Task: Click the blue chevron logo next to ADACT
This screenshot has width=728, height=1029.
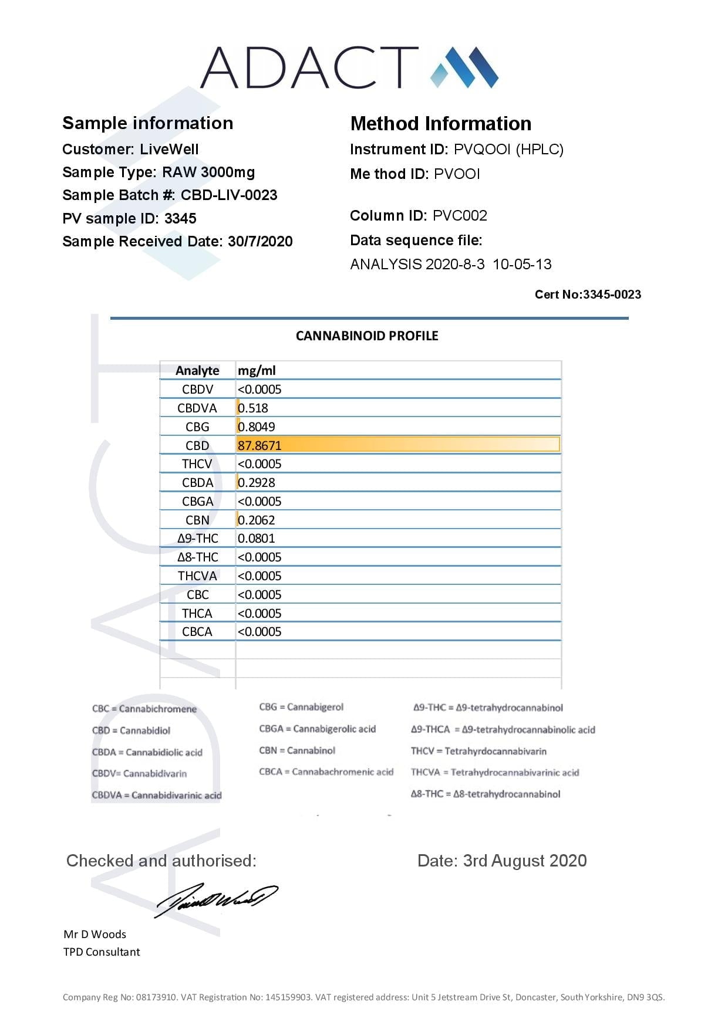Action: tap(464, 67)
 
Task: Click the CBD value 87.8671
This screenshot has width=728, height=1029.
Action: tap(259, 445)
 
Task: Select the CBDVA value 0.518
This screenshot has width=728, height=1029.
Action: tap(253, 408)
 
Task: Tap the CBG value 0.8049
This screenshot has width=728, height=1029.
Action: tap(257, 427)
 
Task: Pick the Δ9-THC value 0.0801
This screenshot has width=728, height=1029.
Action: tap(257, 538)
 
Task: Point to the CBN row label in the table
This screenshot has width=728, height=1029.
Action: tap(197, 520)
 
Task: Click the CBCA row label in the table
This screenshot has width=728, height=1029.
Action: tap(197, 631)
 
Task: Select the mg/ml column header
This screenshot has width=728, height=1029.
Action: tap(257, 370)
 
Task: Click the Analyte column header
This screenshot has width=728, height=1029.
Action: tap(197, 370)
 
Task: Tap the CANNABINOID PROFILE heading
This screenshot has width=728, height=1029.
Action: tap(367, 336)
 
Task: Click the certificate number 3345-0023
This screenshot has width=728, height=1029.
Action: tap(612, 295)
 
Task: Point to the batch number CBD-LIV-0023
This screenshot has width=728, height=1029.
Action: tap(229, 195)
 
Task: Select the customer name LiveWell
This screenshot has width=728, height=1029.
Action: tap(169, 149)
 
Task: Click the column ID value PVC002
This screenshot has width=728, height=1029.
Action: tap(460, 215)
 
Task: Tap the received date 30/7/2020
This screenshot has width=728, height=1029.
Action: tap(260, 241)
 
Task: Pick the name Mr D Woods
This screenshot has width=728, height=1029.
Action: tap(95, 934)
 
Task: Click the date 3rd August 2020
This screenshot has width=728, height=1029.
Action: tap(525, 861)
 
